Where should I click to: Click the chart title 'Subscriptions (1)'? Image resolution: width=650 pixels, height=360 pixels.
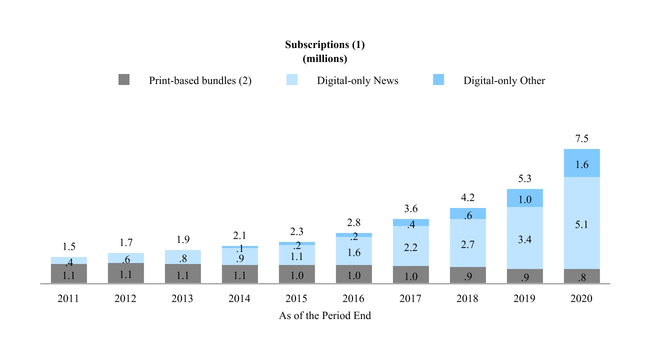(x=324, y=44)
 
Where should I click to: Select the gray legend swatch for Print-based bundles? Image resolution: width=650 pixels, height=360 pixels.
(x=124, y=80)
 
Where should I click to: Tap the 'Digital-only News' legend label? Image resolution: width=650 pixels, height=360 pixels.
(x=357, y=80)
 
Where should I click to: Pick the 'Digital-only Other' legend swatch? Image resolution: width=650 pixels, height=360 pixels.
(x=438, y=80)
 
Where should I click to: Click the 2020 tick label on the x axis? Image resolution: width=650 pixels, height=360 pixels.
(x=581, y=298)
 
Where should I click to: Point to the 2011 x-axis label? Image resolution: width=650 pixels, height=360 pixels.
(x=68, y=298)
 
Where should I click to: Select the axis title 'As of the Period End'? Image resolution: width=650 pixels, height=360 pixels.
(x=324, y=316)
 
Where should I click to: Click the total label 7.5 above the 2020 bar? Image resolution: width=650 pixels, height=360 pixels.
(x=581, y=139)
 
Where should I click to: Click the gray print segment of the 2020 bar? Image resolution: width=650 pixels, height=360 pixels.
(x=581, y=276)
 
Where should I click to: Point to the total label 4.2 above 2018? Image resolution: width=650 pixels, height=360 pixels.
(x=467, y=197)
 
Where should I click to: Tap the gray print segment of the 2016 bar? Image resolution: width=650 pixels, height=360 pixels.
(x=353, y=274)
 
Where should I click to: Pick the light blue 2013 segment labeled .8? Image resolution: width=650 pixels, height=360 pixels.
(x=182, y=257)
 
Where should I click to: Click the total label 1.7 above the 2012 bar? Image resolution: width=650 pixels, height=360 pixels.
(x=126, y=243)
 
